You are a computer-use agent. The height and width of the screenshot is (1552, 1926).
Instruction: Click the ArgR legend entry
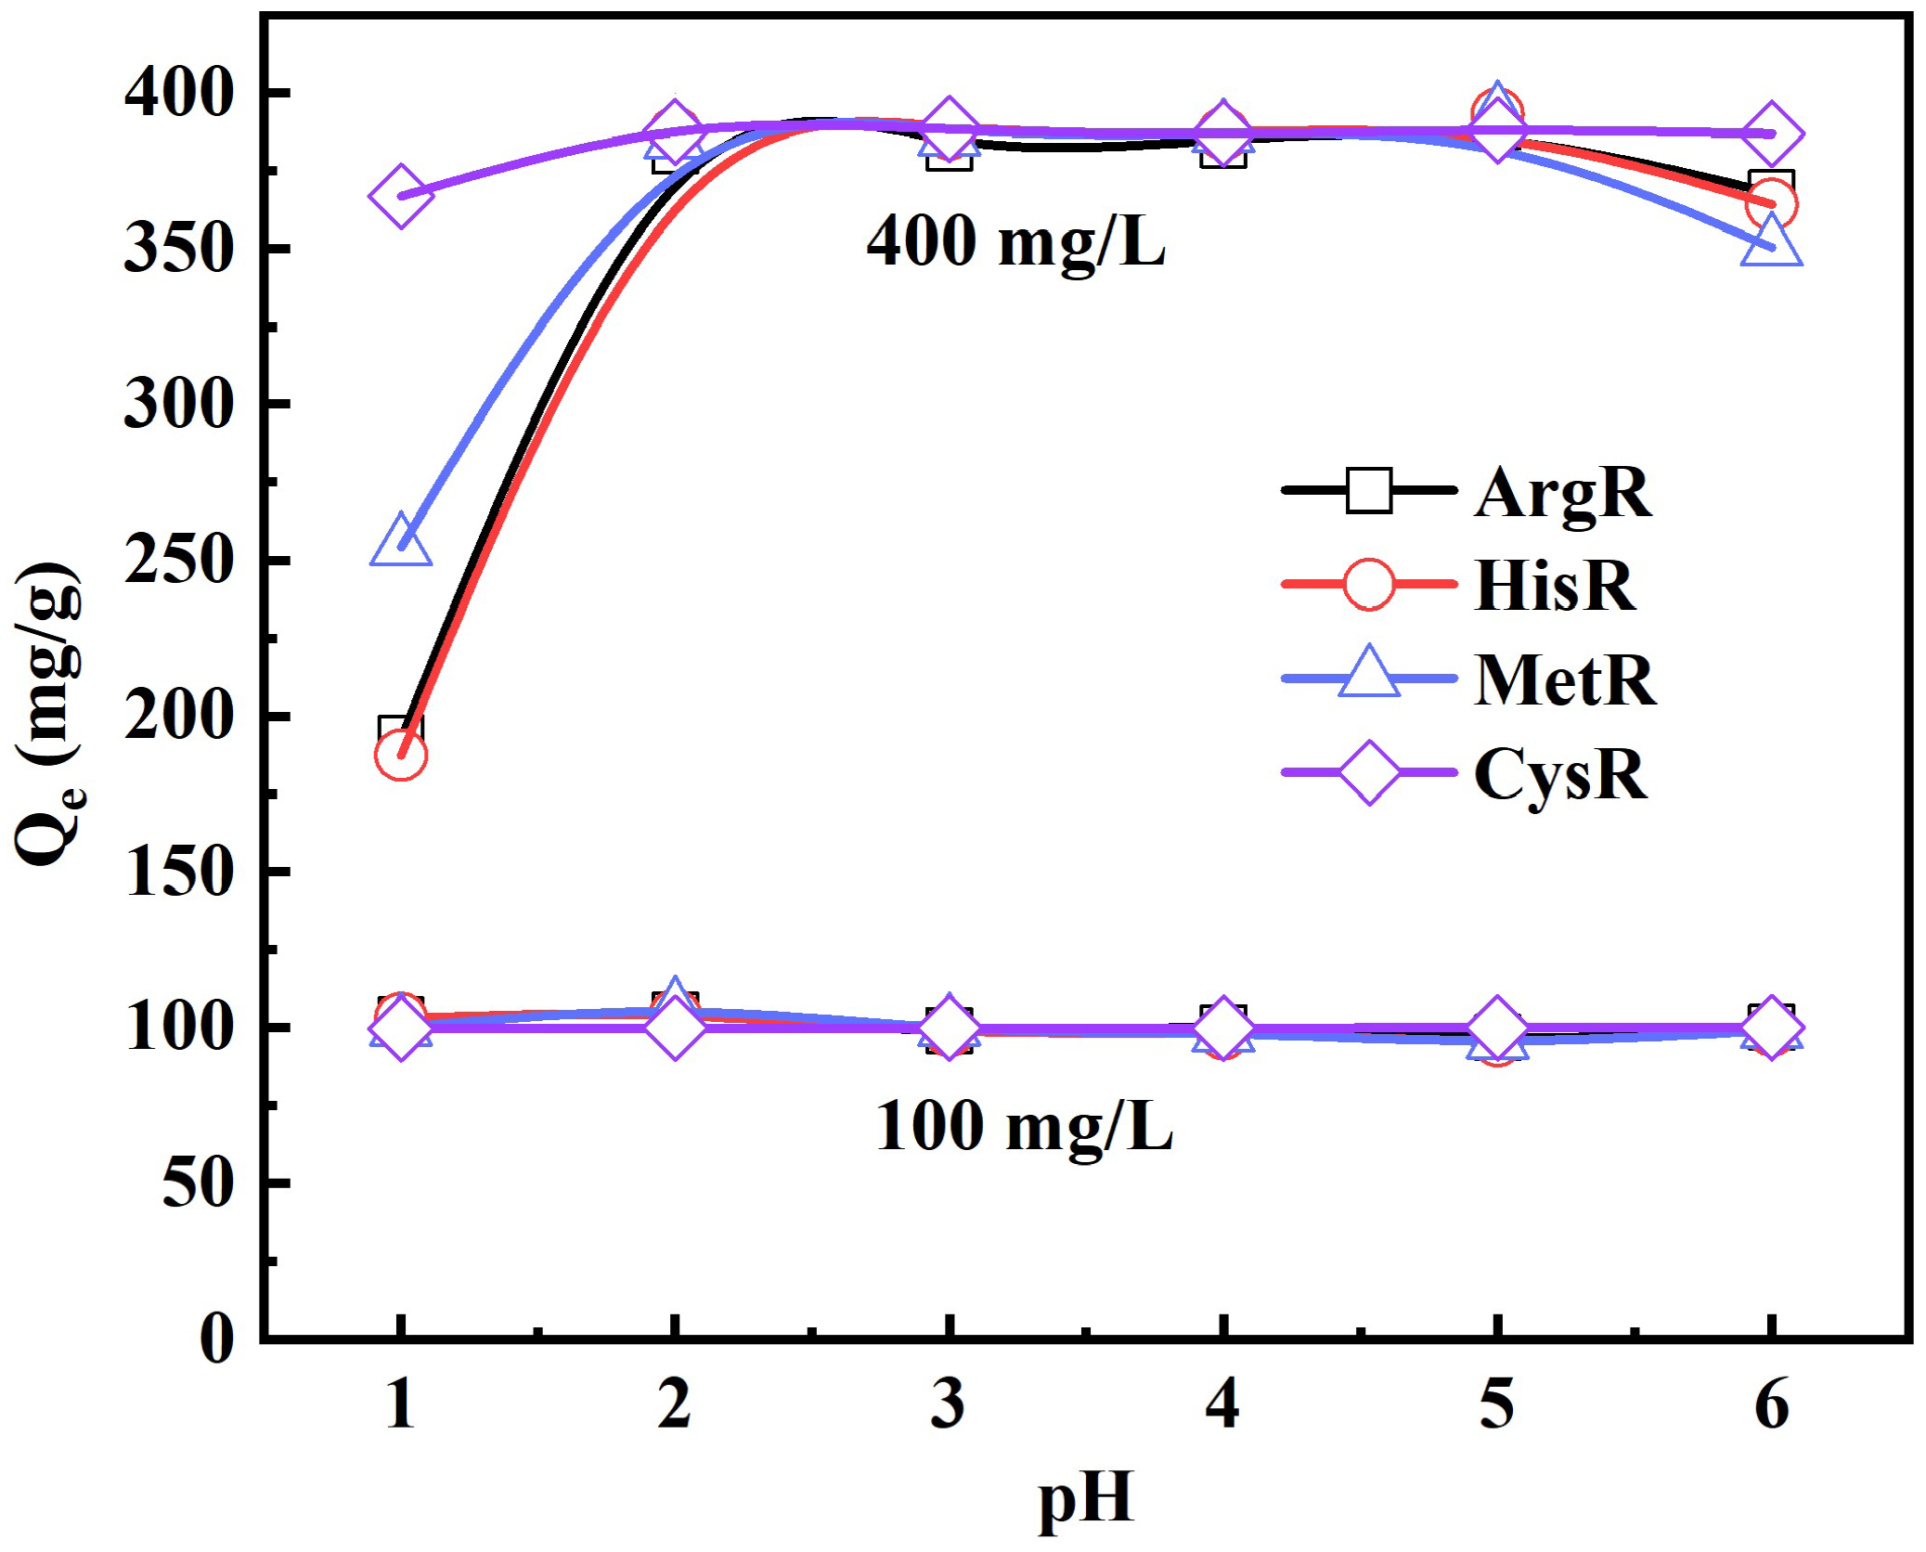click(x=1561, y=492)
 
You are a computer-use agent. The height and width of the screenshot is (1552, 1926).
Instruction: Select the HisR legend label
click(x=1555, y=586)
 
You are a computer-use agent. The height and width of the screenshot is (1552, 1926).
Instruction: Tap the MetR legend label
click(x=1564, y=680)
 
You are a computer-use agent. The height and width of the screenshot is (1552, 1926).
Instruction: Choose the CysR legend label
click(x=1560, y=773)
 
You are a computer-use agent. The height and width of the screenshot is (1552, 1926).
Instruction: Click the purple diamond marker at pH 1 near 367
click(x=400, y=197)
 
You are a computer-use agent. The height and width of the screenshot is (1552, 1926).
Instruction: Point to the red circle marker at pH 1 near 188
click(x=400, y=755)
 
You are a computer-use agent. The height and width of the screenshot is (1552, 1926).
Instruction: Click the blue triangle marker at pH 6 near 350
click(x=1771, y=243)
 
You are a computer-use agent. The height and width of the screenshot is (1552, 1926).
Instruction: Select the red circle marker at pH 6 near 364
click(x=1771, y=203)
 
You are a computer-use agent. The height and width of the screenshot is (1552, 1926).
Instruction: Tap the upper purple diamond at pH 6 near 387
click(x=1771, y=134)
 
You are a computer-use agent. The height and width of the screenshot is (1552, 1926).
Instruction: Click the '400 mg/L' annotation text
click(x=1015, y=241)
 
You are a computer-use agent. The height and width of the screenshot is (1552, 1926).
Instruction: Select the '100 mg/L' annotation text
click(x=1024, y=1126)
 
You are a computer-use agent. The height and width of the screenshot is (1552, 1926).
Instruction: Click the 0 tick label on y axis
click(x=217, y=1339)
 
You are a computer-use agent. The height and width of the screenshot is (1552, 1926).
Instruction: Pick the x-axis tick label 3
click(x=948, y=1403)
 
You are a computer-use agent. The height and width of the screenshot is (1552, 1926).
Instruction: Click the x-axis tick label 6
click(x=1771, y=1403)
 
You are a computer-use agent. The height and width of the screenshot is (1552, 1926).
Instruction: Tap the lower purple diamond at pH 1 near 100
click(x=400, y=1028)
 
